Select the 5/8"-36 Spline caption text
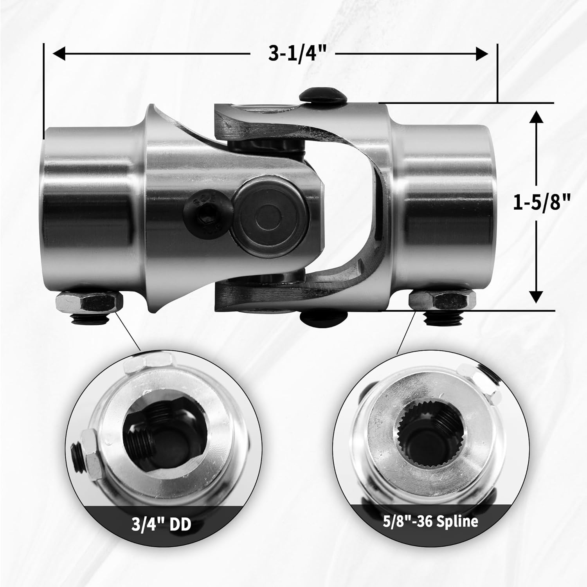point(430,522)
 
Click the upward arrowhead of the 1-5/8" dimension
point(536,117)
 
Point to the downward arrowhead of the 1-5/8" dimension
point(536,296)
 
